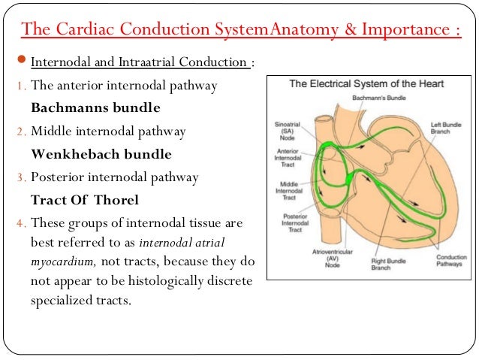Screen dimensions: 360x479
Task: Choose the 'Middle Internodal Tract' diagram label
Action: [289, 189]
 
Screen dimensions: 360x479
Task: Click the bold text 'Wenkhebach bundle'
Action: [101, 155]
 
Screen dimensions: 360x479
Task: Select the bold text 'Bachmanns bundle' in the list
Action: [95, 108]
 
